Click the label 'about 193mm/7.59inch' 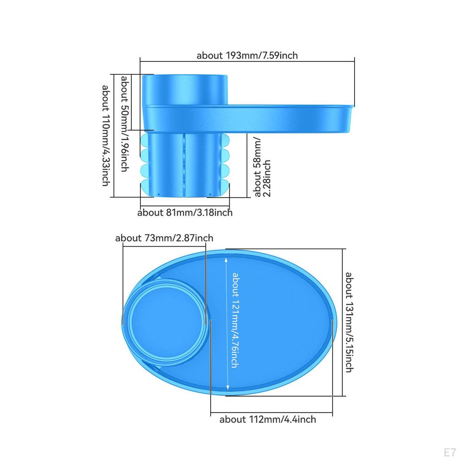(247, 55)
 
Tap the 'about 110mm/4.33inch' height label (106, 135)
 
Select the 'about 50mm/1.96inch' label (125, 124)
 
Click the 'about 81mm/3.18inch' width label (185, 212)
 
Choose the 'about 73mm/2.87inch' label (164, 238)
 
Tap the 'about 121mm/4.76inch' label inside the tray (236, 320)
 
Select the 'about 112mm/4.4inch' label (268, 419)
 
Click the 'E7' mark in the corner (450, 452)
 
